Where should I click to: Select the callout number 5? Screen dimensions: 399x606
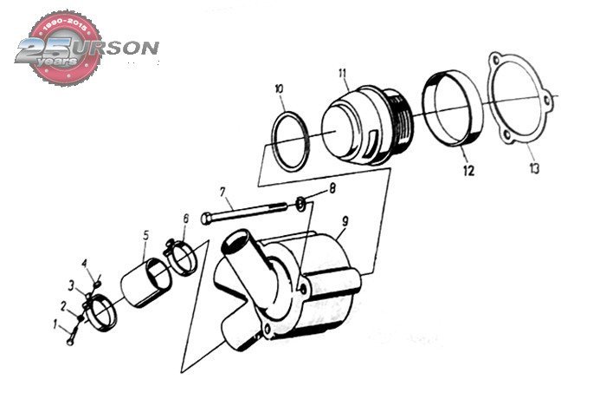coord(145,234)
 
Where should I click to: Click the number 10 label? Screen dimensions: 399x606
coord(279,88)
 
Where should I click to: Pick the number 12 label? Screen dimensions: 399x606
coord(467,171)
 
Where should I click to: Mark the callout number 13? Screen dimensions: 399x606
coord(534,167)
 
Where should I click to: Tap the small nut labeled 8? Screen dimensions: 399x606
coord(300,204)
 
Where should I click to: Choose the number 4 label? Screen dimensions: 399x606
coord(85,263)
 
